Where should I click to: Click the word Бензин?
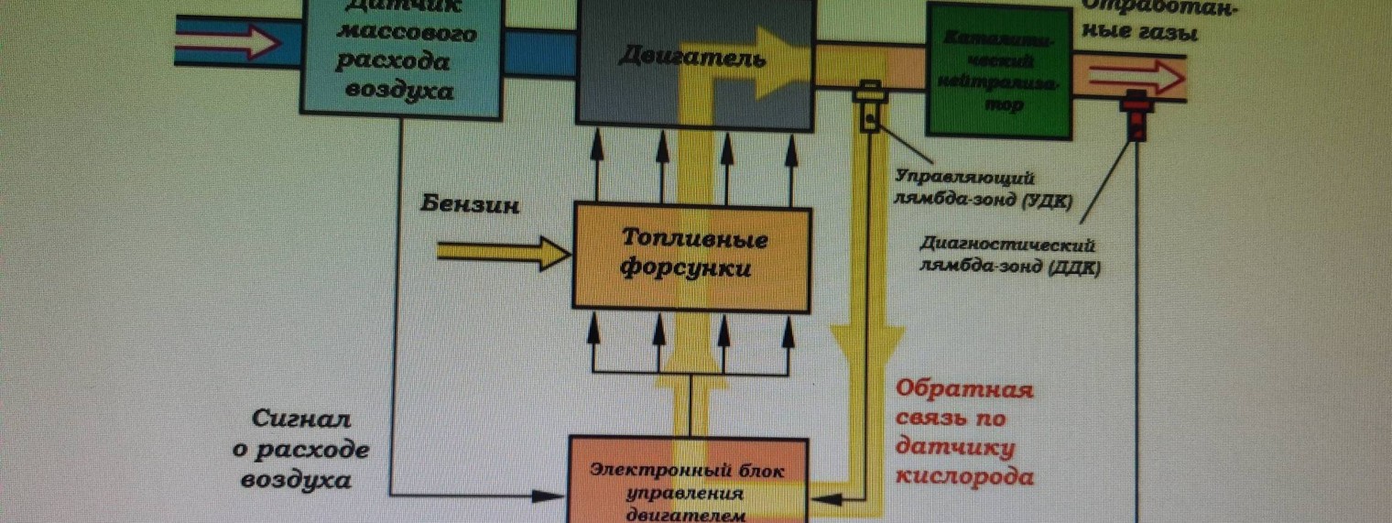471,204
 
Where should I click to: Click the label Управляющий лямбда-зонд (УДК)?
984,188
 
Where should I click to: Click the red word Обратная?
963,390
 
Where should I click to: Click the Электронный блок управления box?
689,481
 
